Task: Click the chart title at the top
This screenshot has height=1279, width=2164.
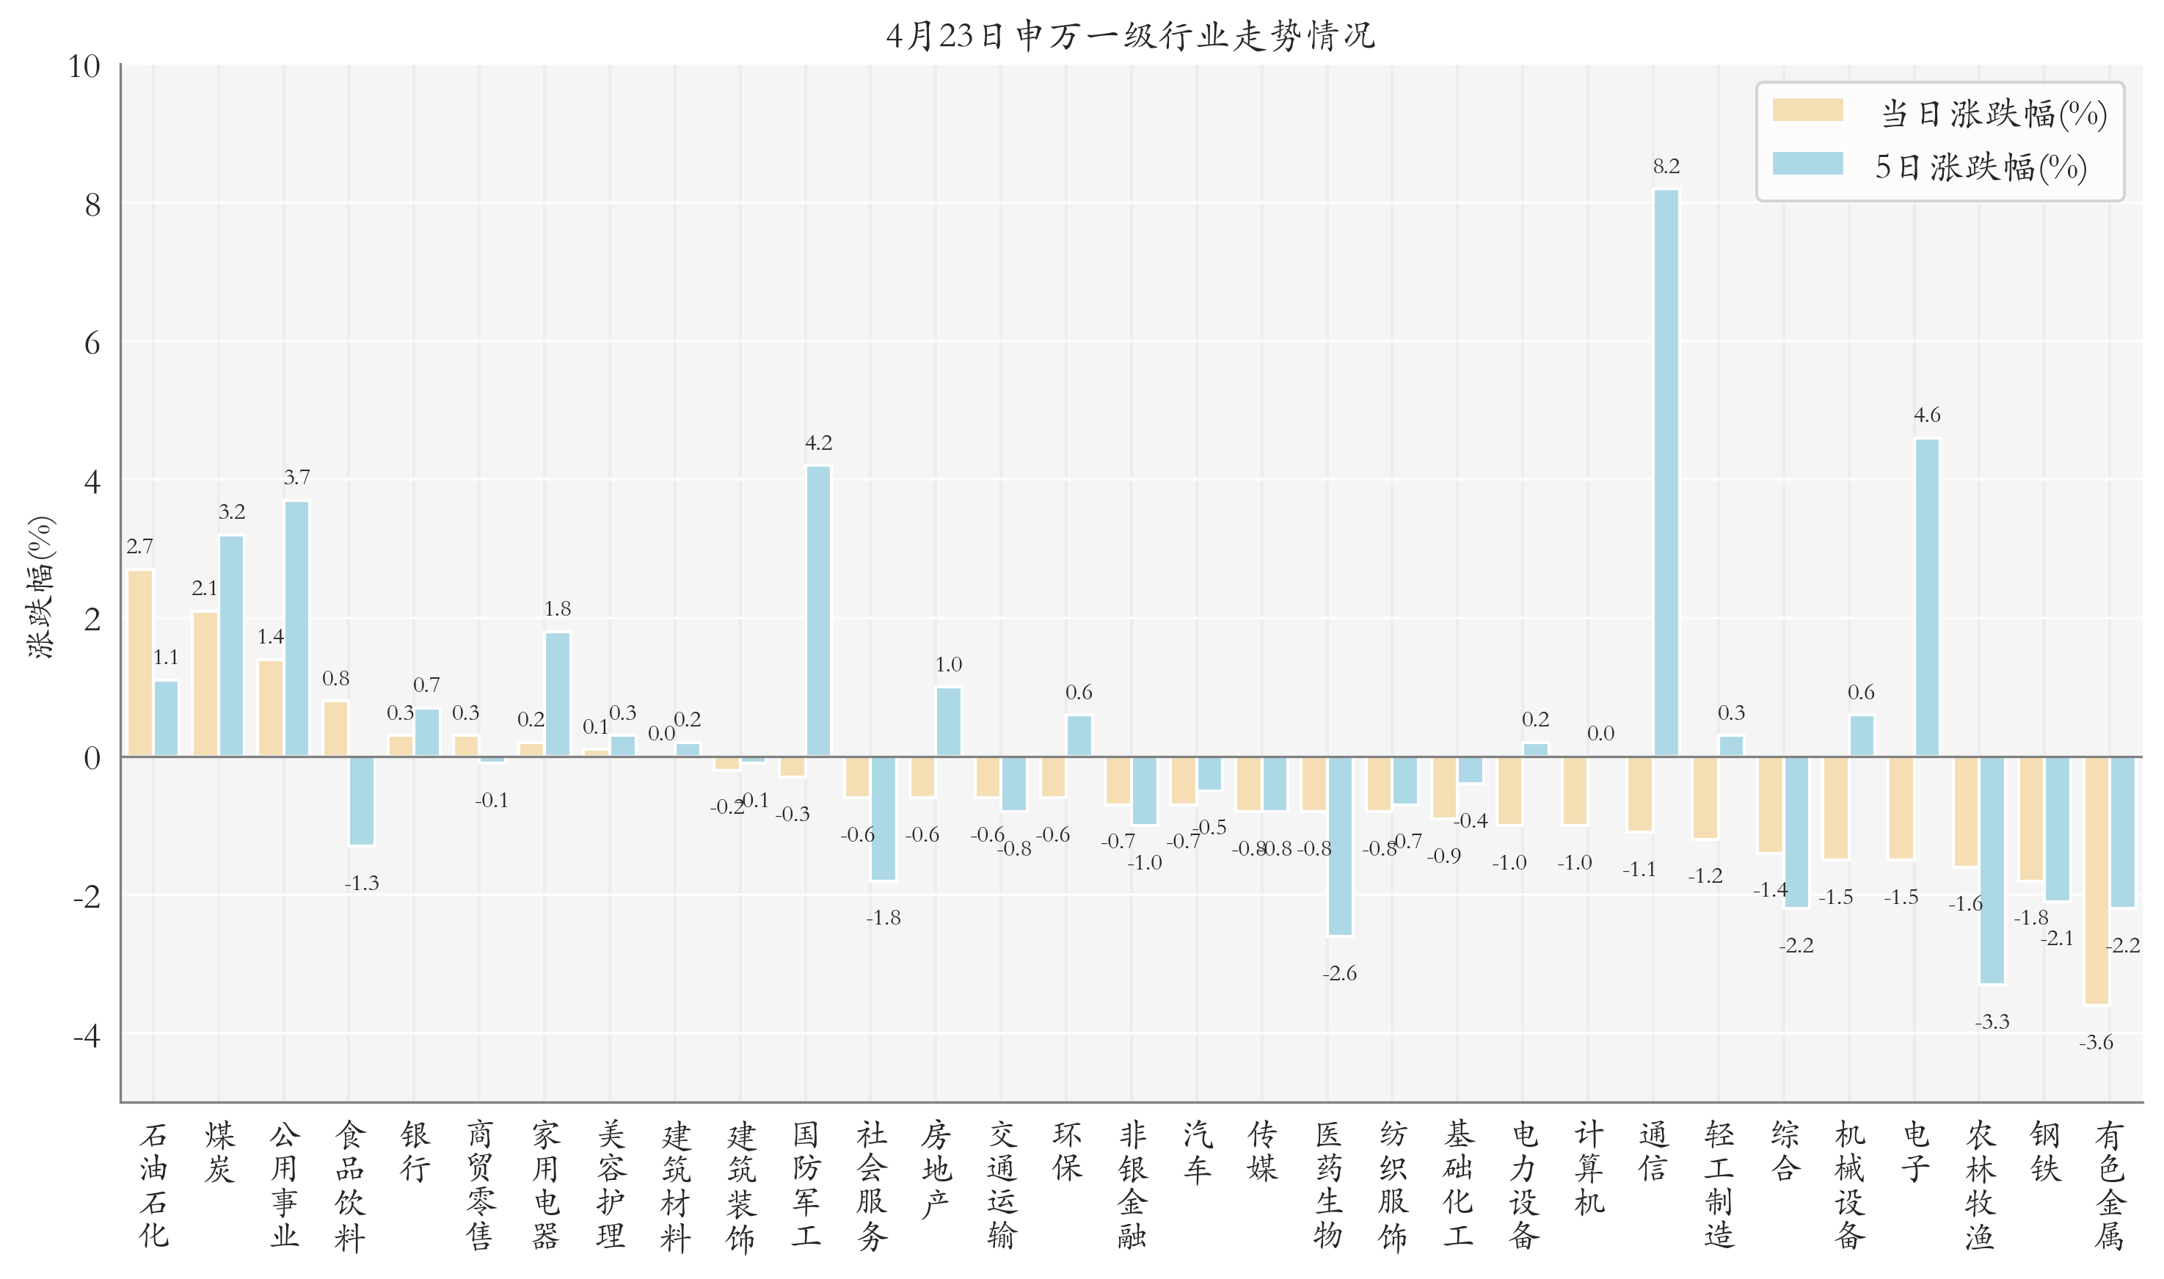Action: pyautogui.click(x=1130, y=35)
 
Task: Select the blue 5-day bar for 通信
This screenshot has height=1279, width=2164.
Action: pyautogui.click(x=1666, y=473)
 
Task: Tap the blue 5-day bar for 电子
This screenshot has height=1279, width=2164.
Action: pyautogui.click(x=1927, y=597)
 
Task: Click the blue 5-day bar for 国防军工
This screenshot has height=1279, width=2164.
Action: pyautogui.click(x=818, y=611)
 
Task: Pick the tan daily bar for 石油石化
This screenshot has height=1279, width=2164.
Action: pyautogui.click(x=140, y=663)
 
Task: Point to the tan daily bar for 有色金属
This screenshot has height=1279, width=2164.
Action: pyautogui.click(x=2096, y=880)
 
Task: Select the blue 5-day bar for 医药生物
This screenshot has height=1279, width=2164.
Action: pyautogui.click(x=1340, y=845)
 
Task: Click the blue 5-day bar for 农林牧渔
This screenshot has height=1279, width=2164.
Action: pyautogui.click(x=1992, y=870)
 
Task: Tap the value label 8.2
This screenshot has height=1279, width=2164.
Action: pyautogui.click(x=1666, y=167)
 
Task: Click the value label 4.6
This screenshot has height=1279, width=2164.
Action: pyautogui.click(x=1927, y=415)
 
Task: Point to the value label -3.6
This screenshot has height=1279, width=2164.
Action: pyautogui.click(x=2096, y=1043)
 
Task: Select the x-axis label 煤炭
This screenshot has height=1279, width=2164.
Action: pyautogui.click(x=219, y=1151)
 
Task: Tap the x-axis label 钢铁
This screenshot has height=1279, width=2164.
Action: pyautogui.click(x=2044, y=1151)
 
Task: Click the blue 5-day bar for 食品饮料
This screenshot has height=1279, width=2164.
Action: pyautogui.click(x=362, y=801)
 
